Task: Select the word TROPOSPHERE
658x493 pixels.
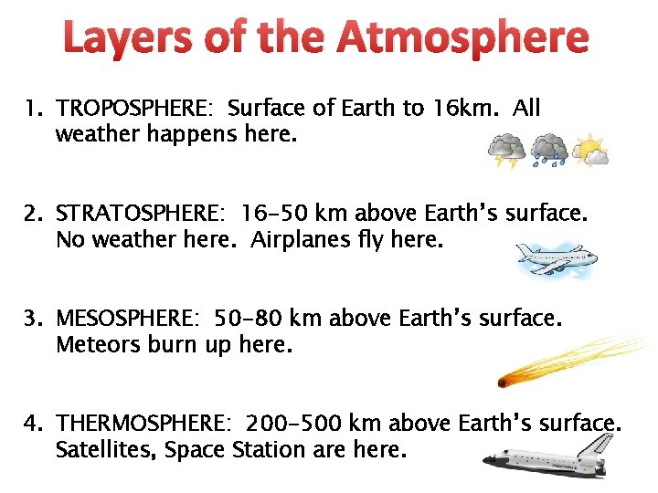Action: [133, 109]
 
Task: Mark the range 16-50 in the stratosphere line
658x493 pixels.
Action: [274, 214]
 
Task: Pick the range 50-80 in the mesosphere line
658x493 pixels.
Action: [248, 319]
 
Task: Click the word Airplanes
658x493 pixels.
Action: [298, 240]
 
